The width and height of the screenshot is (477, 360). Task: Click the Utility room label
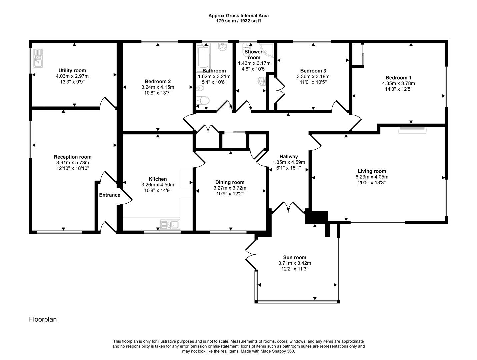pyautogui.click(x=72, y=70)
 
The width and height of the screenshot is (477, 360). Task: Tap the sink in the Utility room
pyautogui.click(x=38, y=58)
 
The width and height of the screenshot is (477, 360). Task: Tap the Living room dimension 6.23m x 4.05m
pyautogui.click(x=372, y=177)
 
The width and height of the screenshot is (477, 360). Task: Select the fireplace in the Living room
pyautogui.click(x=412, y=128)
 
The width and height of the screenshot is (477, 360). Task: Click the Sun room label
pyautogui.click(x=295, y=257)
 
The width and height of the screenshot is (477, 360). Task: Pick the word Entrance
pyautogui.click(x=109, y=195)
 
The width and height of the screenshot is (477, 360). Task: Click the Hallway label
pyautogui.click(x=288, y=156)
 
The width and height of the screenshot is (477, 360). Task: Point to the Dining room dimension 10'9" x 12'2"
pyautogui.click(x=230, y=193)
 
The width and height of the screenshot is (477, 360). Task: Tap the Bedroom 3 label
pyautogui.click(x=313, y=71)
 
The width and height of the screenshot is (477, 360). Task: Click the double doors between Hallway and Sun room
pyautogui.click(x=288, y=207)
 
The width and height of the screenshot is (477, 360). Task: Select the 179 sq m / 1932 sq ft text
pyautogui.click(x=238, y=21)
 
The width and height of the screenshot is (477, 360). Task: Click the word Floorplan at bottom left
pyautogui.click(x=43, y=319)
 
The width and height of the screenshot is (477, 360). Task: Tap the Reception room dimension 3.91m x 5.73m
pyautogui.click(x=72, y=163)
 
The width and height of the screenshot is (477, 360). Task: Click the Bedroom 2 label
pyautogui.click(x=158, y=81)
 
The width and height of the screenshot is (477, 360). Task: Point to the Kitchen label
pyautogui.click(x=158, y=179)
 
